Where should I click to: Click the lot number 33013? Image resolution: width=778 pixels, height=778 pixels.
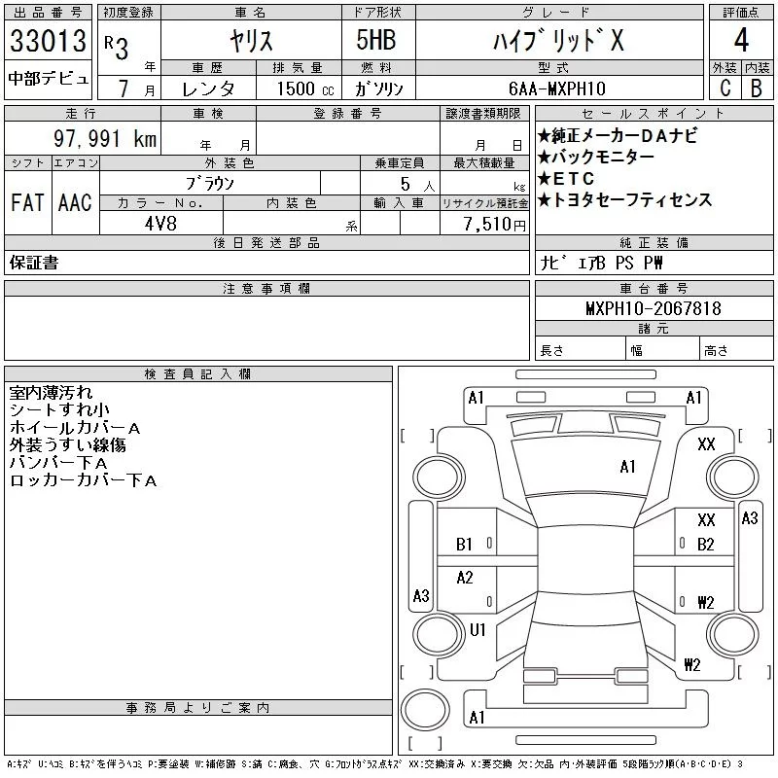[x=48, y=41]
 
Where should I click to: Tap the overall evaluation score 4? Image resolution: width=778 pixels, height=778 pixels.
[x=741, y=41]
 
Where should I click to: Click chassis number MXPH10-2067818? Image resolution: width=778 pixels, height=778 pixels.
[x=654, y=308]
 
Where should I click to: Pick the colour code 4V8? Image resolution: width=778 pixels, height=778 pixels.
[x=161, y=224]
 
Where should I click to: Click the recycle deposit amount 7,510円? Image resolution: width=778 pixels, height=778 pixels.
[x=496, y=224]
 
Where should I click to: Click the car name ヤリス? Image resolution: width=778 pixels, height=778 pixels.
[x=250, y=42]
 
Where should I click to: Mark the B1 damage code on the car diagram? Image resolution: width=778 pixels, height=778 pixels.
[x=465, y=545]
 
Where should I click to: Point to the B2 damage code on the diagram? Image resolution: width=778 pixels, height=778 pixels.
[x=706, y=545]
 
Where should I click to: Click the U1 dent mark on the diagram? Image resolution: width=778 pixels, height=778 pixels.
[x=477, y=630]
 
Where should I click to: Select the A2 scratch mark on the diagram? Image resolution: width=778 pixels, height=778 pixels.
[x=465, y=578]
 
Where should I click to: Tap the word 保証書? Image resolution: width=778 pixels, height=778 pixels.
[x=34, y=263]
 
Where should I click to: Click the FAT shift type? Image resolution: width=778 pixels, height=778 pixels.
[x=27, y=202]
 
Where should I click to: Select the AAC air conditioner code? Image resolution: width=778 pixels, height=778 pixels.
[x=75, y=202]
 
